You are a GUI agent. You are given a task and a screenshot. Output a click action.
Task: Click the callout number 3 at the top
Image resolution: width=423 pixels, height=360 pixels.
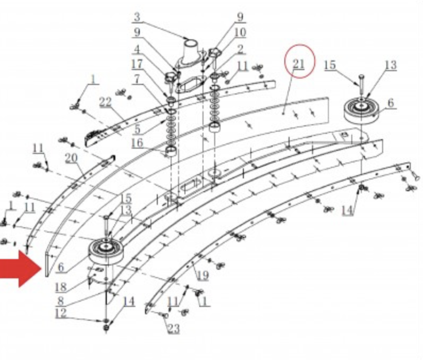tap(137, 17)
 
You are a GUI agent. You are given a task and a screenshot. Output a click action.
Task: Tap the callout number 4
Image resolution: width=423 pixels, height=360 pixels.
tap(137, 49)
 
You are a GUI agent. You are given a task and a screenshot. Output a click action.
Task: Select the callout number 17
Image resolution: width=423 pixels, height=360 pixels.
tap(137, 64)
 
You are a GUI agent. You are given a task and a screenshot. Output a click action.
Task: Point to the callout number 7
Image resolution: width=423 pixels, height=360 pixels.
tap(137, 79)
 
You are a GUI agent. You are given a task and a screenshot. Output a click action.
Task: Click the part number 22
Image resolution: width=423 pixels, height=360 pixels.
tap(105, 102)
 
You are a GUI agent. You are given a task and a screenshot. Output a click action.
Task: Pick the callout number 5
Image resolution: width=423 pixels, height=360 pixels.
tap(137, 129)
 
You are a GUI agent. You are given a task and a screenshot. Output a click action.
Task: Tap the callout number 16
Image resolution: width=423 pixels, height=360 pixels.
tap(137, 143)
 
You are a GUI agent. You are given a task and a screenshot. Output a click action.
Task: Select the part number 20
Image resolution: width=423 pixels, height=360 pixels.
tap(71, 158)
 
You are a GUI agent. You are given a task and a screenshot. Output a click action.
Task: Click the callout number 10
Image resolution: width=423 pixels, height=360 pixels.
tap(240, 32)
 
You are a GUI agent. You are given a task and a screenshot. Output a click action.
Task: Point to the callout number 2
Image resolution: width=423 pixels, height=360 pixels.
tap(240, 49)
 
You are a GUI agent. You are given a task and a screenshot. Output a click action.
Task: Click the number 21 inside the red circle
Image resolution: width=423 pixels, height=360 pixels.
tap(298, 64)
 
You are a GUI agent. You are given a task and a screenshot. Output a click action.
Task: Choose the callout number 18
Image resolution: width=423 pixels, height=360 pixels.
tap(61, 287)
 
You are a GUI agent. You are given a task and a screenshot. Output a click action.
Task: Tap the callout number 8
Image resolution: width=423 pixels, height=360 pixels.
tap(61, 301)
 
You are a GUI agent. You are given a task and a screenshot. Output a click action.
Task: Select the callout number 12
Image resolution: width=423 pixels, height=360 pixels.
tap(61, 313)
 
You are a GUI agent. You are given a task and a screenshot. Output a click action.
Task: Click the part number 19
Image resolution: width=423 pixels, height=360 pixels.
tap(202, 276)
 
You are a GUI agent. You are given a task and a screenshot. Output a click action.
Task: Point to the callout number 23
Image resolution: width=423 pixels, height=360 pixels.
tap(173, 329)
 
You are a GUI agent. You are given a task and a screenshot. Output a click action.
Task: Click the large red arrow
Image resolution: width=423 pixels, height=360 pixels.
tap(20, 269)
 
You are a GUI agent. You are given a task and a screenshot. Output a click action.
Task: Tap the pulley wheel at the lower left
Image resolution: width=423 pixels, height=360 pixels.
tap(106, 252)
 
